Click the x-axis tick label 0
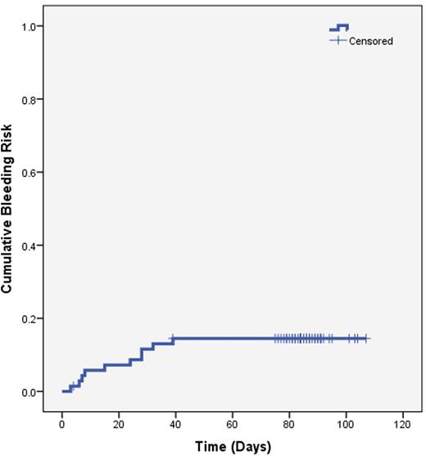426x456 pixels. click(62, 425)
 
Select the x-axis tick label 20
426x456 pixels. click(119, 425)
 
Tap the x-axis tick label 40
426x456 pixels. click(175, 425)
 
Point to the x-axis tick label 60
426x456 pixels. click(232, 425)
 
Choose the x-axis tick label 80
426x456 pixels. click(288, 425)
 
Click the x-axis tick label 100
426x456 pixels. click(345, 425)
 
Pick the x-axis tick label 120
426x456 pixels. click(401, 425)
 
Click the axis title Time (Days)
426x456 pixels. click(232, 445)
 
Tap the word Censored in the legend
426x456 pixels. click(372, 40)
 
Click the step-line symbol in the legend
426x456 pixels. click(339, 27)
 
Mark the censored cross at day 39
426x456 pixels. click(172, 338)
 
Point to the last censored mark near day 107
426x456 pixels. click(366, 338)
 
